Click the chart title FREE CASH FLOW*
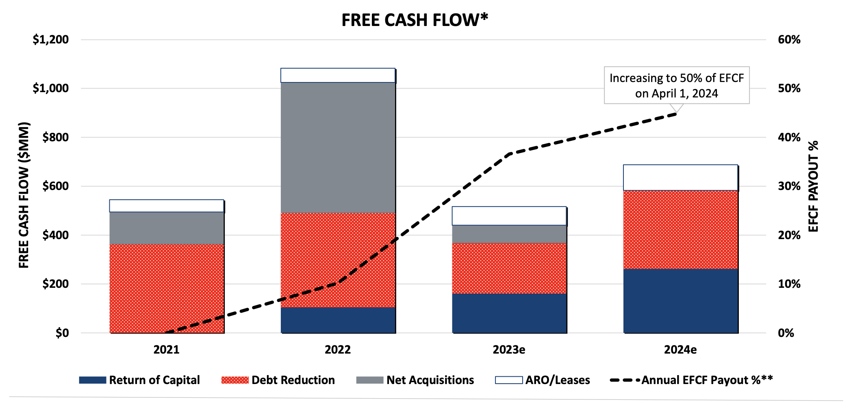415,20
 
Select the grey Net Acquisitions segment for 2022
338,147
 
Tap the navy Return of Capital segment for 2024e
681,301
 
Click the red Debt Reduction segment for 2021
167,288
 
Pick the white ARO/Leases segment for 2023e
509,216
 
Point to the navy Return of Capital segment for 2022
338,320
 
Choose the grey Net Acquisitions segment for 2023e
509,234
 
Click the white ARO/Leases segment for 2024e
681,177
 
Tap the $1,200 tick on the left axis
51,40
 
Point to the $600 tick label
56,186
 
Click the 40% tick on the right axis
789,137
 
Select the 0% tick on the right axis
786,333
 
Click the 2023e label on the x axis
509,350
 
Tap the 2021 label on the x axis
166,350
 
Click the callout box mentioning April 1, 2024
677,85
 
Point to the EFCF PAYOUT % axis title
813,186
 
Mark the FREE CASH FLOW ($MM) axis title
24,195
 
